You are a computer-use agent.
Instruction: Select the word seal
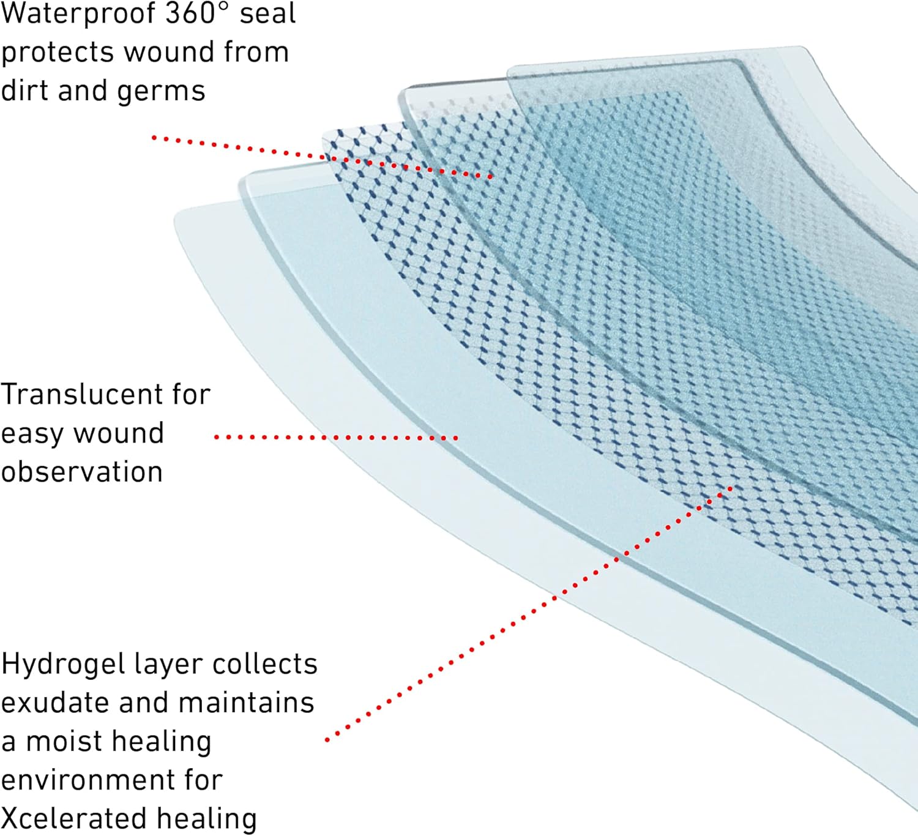[267, 13]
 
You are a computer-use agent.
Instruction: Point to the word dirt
[24, 90]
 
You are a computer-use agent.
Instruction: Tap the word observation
[82, 472]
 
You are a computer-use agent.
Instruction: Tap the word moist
[61, 742]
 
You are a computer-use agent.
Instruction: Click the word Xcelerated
[73, 819]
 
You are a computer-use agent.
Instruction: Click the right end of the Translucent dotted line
[455, 438]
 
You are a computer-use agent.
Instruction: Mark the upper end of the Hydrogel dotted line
[731, 488]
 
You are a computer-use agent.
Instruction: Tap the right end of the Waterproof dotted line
[491, 177]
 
